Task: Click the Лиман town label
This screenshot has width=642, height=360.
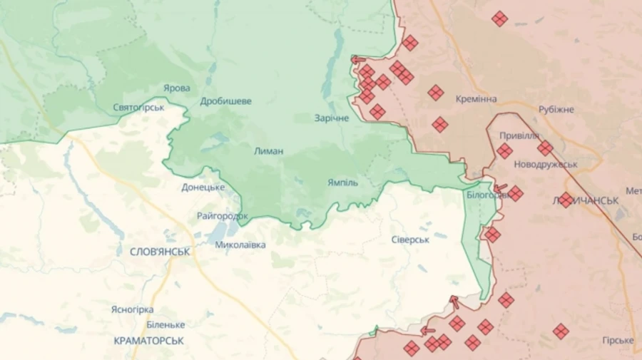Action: click(268, 151)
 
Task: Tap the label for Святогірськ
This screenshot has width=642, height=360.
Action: click(138, 108)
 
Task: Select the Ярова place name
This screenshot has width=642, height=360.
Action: click(177, 88)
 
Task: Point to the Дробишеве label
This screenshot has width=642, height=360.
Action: click(225, 101)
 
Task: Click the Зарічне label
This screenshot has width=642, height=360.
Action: click(332, 118)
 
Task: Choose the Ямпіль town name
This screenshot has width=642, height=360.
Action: click(343, 182)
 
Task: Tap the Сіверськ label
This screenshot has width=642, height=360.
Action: click(410, 240)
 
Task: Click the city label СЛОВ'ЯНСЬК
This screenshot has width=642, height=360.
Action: click(160, 252)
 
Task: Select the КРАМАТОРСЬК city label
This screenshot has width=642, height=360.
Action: click(148, 341)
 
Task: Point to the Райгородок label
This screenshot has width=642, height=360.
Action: click(223, 215)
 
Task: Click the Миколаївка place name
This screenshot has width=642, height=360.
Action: click(240, 245)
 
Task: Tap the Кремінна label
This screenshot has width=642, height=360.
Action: click(477, 99)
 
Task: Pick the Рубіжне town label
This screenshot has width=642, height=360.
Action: click(556, 110)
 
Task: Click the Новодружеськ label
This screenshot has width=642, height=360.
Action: click(546, 165)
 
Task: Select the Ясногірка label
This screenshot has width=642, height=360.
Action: click(132, 309)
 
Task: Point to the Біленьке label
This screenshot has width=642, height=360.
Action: click(165, 324)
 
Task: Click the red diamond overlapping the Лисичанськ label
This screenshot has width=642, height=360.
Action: click(566, 200)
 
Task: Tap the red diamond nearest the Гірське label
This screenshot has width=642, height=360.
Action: click(561, 331)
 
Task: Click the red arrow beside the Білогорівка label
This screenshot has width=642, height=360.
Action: click(501, 189)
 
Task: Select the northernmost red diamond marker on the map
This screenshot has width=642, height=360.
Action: click(499, 19)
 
